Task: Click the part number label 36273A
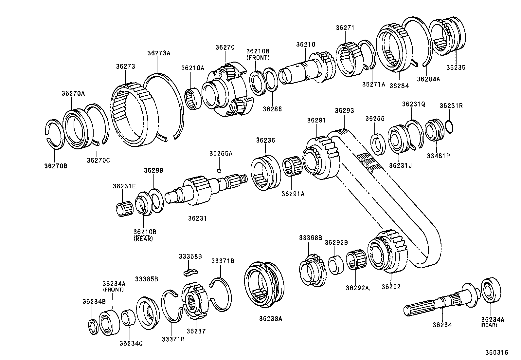[x=159, y=53]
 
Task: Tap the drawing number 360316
[x=496, y=352]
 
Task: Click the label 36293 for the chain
[x=344, y=111]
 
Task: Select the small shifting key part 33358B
[x=190, y=271]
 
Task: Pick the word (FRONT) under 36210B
[x=258, y=58]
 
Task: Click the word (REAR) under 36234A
[x=489, y=325]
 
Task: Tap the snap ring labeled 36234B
[x=93, y=326]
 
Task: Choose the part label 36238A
[x=270, y=318]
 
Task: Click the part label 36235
[x=456, y=67]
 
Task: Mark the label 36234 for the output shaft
[x=442, y=325]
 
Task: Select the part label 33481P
[x=438, y=156]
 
